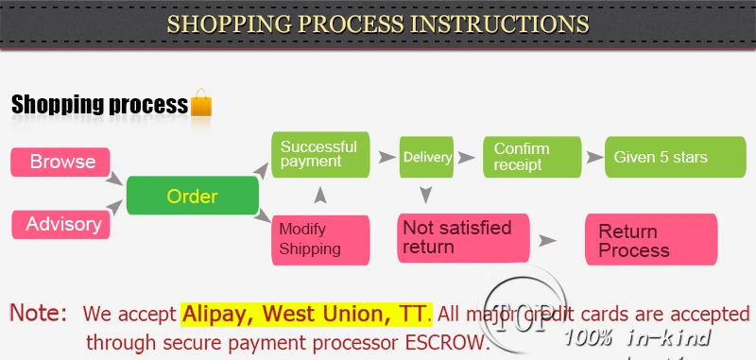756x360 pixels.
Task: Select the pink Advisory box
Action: [61, 225]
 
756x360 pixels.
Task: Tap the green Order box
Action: [193, 197]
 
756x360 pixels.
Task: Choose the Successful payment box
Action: [319, 154]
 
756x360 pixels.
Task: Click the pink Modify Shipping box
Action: [319, 240]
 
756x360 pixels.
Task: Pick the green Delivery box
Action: [427, 157]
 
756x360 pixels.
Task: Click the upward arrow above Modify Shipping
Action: [319, 195]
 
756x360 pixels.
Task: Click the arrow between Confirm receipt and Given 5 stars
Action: [592, 157]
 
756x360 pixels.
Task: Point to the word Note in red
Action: [39, 312]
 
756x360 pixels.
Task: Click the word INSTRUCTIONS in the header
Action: [498, 24]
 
